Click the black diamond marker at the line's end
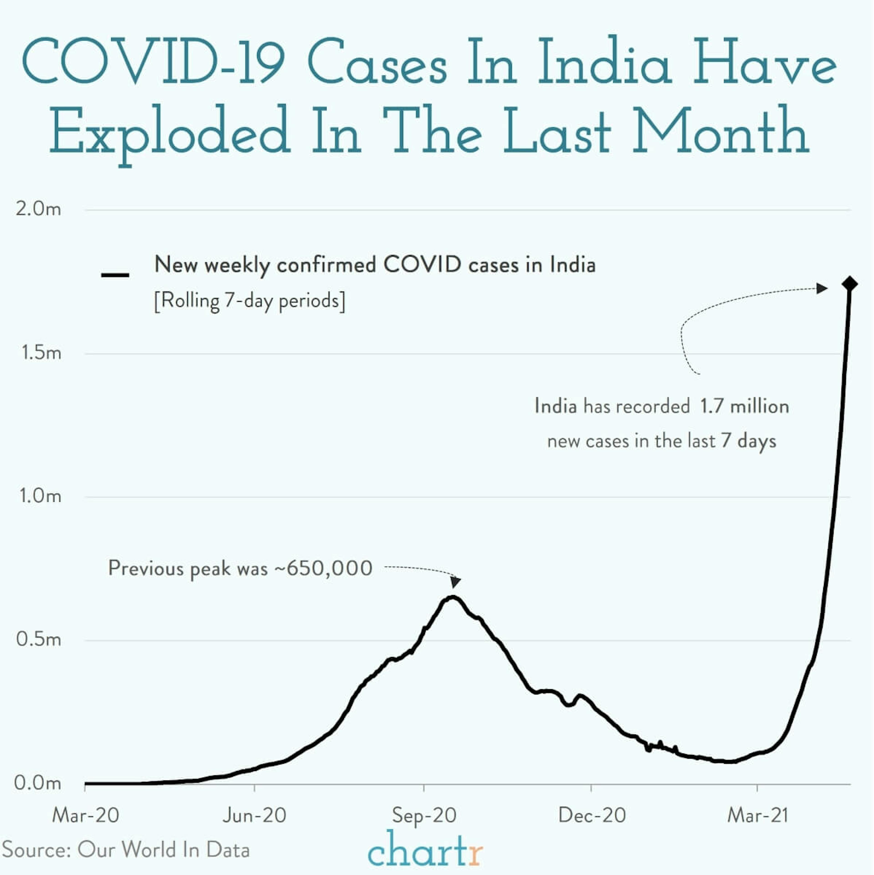(x=850, y=284)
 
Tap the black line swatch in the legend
(x=115, y=275)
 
